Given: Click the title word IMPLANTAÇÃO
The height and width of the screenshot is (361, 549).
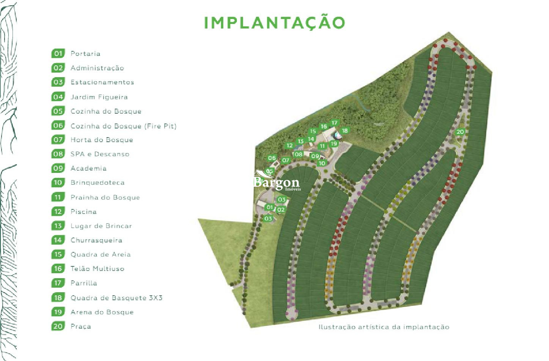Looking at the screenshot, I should pyautogui.click(x=274, y=22).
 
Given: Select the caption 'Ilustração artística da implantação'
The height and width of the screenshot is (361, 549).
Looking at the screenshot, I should pyautogui.click(x=384, y=327).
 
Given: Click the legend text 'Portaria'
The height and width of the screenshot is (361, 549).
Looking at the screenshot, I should pyautogui.click(x=85, y=54).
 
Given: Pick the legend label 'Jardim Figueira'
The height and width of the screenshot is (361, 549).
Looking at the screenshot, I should pyautogui.click(x=99, y=97).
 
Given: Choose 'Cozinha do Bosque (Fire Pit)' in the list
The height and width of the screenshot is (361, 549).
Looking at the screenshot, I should pyautogui.click(x=123, y=126).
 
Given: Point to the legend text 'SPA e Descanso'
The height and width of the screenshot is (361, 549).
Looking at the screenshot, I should pyautogui.click(x=100, y=154).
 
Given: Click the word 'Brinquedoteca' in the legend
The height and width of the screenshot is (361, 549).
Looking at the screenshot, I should pyautogui.click(x=98, y=182).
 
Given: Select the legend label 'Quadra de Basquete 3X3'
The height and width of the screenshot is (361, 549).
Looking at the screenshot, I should pyautogui.click(x=116, y=298).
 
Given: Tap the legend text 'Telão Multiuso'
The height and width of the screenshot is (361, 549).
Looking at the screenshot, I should pyautogui.click(x=97, y=269).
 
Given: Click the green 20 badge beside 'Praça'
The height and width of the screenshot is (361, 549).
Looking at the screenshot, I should pyautogui.click(x=58, y=326).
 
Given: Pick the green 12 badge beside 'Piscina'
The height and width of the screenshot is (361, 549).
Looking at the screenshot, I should pyautogui.click(x=58, y=211).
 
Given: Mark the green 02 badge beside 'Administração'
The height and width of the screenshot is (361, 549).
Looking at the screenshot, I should pyautogui.click(x=58, y=68).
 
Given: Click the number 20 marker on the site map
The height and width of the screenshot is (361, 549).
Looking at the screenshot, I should pyautogui.click(x=460, y=132).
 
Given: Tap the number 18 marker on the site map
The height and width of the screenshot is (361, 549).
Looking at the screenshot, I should pyautogui.click(x=345, y=131).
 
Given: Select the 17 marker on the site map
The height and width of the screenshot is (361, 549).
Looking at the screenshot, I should pyautogui.click(x=334, y=123).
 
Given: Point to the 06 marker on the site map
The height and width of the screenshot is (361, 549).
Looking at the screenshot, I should pyautogui.click(x=272, y=158).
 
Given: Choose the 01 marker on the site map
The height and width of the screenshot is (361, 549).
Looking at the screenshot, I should pyautogui.click(x=270, y=207).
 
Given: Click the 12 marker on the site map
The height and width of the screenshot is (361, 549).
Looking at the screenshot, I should pyautogui.click(x=289, y=146).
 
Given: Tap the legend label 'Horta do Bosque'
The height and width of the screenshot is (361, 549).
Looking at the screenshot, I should pyautogui.click(x=102, y=140).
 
